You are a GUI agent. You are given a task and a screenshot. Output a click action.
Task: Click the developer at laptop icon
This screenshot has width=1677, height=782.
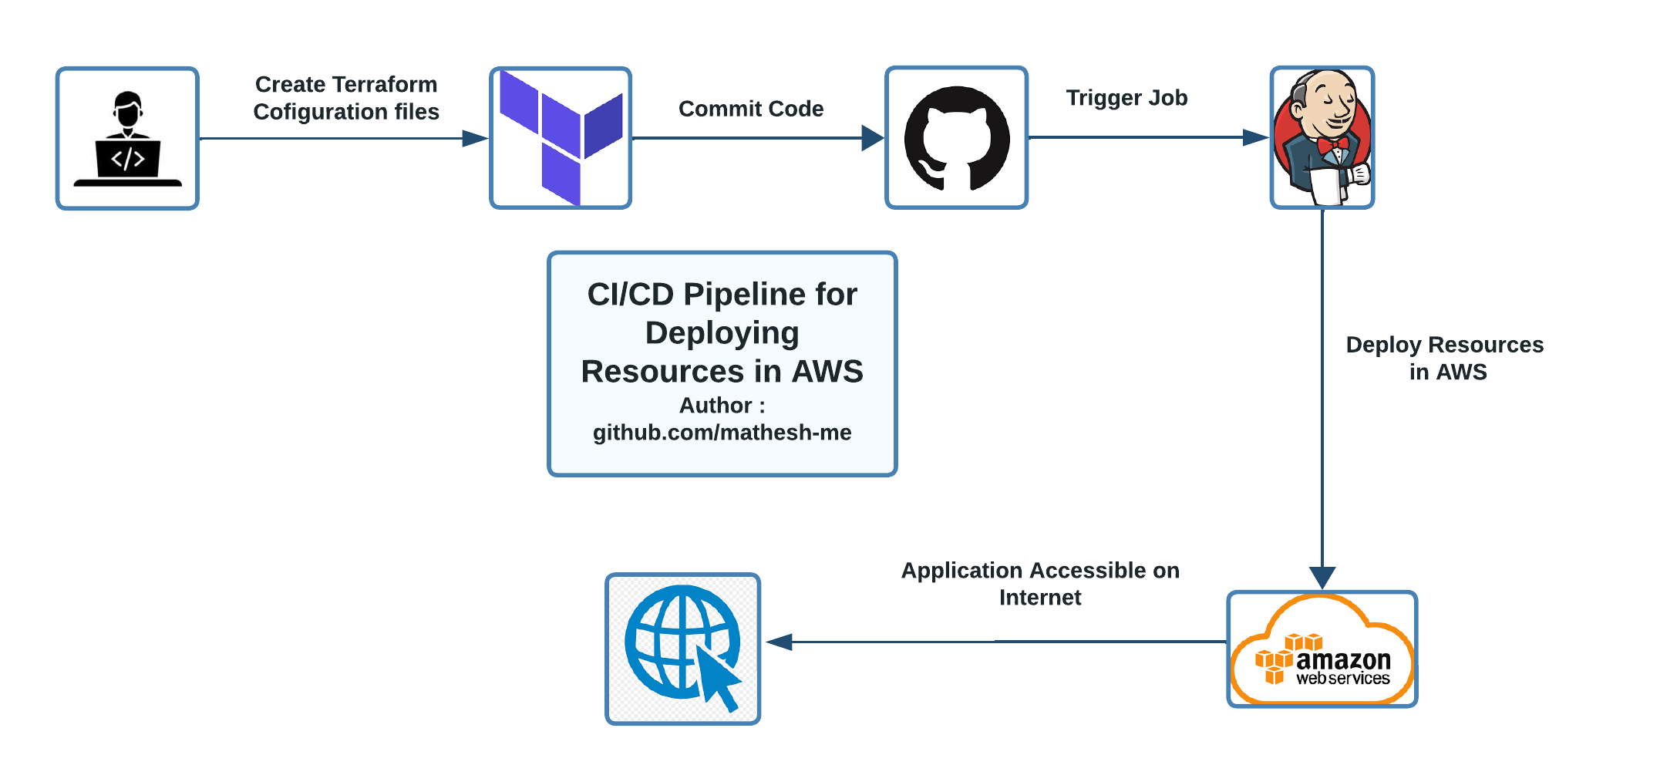128,139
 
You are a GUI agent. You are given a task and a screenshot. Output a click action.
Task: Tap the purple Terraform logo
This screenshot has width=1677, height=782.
561,138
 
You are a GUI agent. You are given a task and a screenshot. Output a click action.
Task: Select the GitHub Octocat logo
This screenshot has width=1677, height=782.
957,138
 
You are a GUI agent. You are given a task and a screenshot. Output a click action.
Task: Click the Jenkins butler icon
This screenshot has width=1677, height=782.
1322,137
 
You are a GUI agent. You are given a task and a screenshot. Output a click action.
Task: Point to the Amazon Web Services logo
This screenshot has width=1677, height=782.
1322,649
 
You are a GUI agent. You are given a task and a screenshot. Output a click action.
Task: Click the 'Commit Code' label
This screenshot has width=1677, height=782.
751,109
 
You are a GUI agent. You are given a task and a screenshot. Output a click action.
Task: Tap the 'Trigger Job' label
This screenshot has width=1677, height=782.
1126,98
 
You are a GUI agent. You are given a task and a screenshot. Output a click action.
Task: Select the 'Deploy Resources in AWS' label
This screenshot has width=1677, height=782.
1445,358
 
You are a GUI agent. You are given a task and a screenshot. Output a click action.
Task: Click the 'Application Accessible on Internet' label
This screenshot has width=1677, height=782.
1040,584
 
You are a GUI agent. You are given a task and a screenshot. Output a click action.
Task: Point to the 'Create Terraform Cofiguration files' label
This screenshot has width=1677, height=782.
346,98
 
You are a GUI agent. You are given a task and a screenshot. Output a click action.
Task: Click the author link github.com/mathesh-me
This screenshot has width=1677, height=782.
722,432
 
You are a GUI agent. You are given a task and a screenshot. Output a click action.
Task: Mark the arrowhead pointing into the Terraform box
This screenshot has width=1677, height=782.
475,139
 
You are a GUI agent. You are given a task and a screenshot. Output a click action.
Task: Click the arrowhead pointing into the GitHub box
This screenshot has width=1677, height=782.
873,138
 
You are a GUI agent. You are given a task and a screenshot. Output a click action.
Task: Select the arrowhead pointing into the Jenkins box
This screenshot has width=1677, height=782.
1257,137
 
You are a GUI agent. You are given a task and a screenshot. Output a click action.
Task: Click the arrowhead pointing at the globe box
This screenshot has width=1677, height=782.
780,642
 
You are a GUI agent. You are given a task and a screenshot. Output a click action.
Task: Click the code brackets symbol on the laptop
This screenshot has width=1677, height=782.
128,159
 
